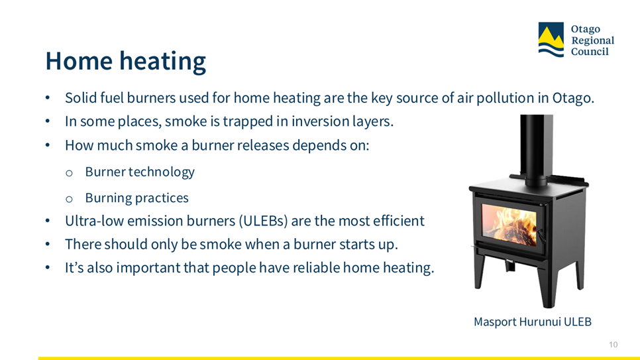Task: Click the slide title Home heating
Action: pyautogui.click(x=125, y=61)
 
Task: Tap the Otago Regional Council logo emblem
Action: pyautogui.click(x=551, y=40)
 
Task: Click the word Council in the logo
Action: pyautogui.click(x=590, y=52)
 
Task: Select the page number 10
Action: pyautogui.click(x=613, y=345)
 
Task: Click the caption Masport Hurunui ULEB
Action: pyautogui.click(x=532, y=322)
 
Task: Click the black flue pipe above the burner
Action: pyautogui.click(x=536, y=149)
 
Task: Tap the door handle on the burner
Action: pyautogui.click(x=541, y=236)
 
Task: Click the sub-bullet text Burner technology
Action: pyautogui.click(x=140, y=172)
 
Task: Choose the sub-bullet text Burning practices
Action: pyautogui.click(x=136, y=198)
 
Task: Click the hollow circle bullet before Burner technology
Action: pyautogui.click(x=69, y=173)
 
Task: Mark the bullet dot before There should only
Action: pyautogui.click(x=48, y=245)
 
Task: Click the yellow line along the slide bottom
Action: pyautogui.click(x=339, y=359)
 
